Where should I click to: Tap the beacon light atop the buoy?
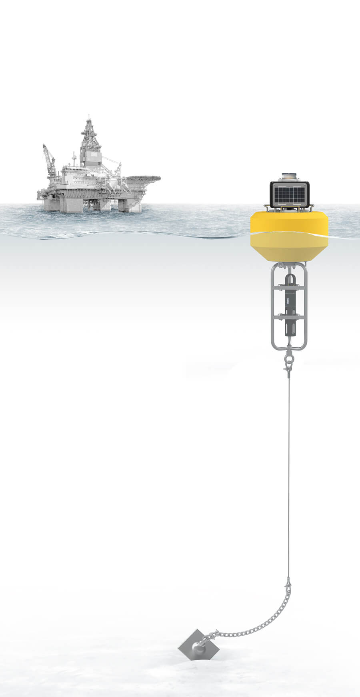289,176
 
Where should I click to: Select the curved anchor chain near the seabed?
256,628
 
